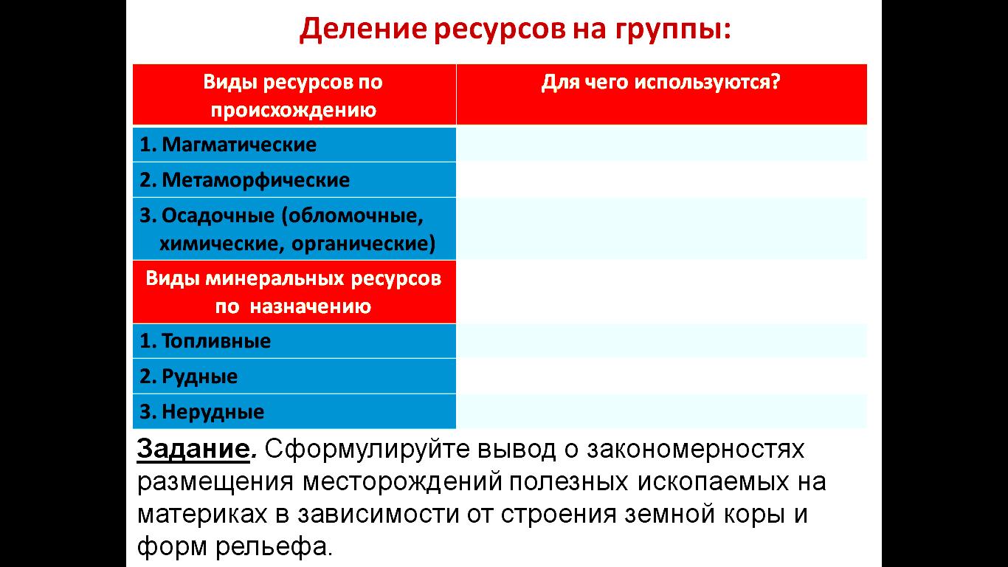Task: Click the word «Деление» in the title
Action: (363, 30)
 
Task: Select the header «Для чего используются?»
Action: (660, 83)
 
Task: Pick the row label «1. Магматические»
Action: (228, 145)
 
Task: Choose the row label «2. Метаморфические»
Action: (244, 180)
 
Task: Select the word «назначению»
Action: (311, 306)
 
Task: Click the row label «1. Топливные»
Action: (205, 341)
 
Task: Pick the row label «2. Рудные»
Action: (189, 377)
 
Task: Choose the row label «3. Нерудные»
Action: (202, 412)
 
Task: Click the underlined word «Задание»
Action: (193, 449)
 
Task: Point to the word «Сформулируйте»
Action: (367, 450)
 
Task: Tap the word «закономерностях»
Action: (695, 450)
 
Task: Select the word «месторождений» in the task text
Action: (402, 482)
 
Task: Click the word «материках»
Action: (202, 515)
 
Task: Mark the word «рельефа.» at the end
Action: (274, 547)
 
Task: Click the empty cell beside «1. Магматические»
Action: (661, 145)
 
